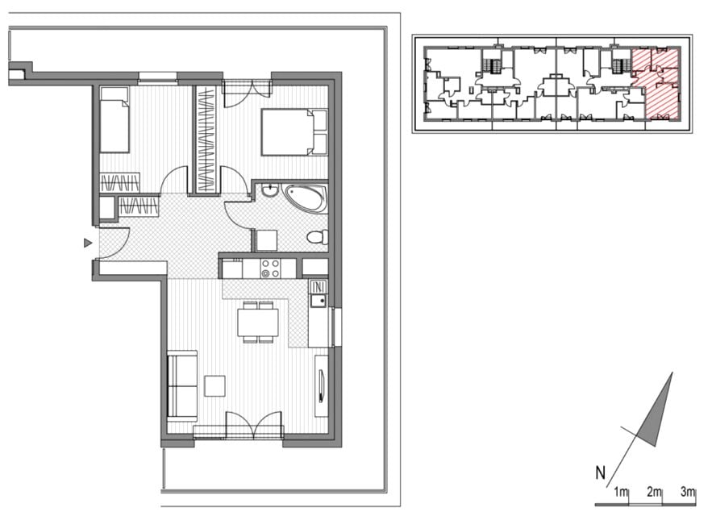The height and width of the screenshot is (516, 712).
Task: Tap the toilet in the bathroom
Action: tap(318, 237)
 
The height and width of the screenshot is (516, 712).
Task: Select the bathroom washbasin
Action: tap(271, 189)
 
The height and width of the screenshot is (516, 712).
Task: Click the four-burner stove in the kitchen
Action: tap(270, 268)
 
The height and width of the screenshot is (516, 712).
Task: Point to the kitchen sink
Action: tap(318, 300)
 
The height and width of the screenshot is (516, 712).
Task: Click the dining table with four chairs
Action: tap(258, 322)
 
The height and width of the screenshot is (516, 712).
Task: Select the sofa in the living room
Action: tap(182, 386)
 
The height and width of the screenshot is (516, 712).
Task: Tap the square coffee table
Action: tap(214, 385)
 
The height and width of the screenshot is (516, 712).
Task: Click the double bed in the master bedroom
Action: tap(294, 132)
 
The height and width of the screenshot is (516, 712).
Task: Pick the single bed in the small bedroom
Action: tap(115, 120)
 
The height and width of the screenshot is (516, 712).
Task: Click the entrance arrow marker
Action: tap(88, 243)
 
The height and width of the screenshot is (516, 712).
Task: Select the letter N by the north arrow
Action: tap(600, 472)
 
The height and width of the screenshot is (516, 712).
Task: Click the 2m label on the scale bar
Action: tap(654, 492)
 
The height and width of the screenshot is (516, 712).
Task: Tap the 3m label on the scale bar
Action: tap(688, 492)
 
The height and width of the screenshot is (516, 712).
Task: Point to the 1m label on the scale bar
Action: tap(621, 492)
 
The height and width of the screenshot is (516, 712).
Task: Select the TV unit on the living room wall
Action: tap(322, 386)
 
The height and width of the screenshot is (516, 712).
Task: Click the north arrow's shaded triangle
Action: tap(656, 411)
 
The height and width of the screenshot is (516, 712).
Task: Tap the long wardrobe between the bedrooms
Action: tap(206, 139)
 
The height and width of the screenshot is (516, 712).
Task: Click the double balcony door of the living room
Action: tap(254, 426)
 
